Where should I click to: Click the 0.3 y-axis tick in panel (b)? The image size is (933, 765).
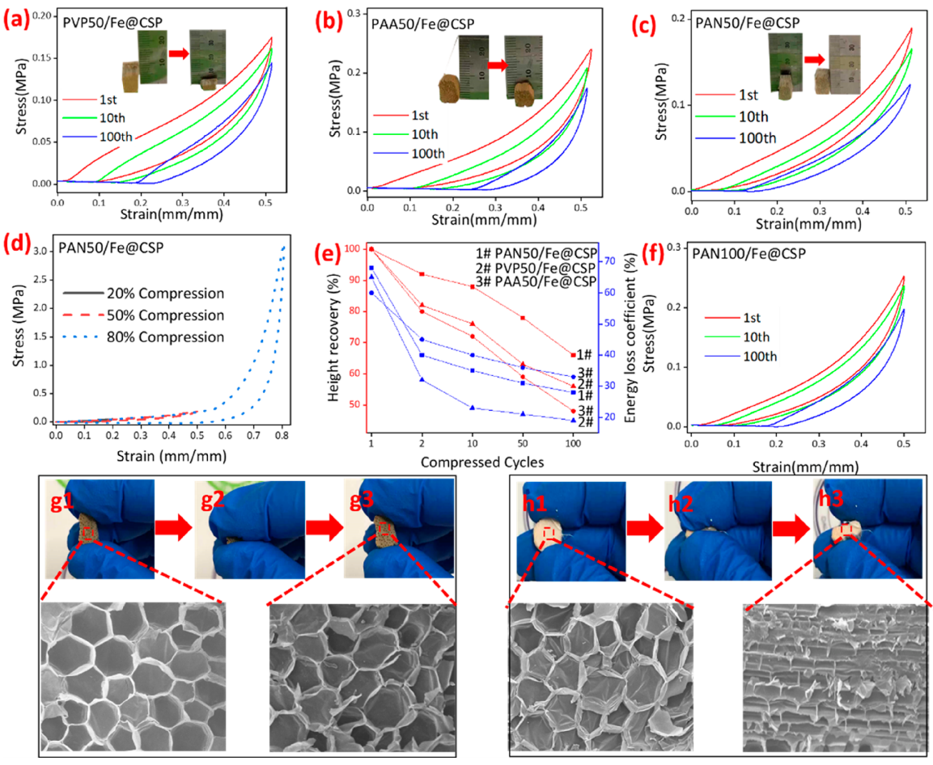(350, 12)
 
